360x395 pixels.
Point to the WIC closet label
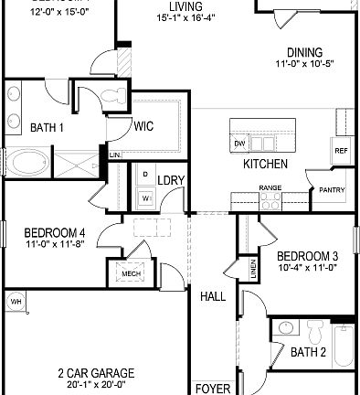pos(143,127)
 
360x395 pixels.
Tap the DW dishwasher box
pos(239,144)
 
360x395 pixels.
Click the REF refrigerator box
pos(341,151)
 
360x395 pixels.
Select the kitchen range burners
pos(270,203)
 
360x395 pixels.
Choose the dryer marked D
pos(145,174)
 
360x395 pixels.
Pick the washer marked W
pos(145,197)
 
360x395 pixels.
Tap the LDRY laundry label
pos(171,180)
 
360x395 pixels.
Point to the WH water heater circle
pos(16,302)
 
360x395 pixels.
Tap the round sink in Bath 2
pos(286,327)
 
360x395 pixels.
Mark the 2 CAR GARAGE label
pos(96,373)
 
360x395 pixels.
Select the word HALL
pos(212,297)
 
